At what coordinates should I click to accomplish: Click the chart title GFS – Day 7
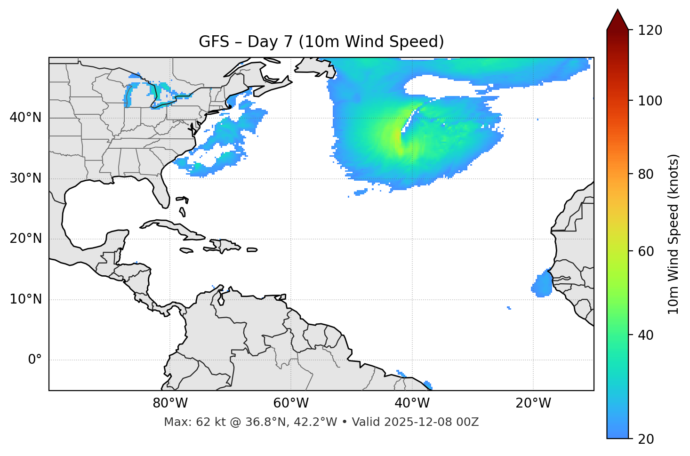coord(321,42)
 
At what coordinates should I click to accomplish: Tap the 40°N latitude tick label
coord(25,118)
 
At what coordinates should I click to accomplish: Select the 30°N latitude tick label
coord(25,178)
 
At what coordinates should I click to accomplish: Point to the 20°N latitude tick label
coord(25,239)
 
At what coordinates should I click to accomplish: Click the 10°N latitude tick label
coord(25,299)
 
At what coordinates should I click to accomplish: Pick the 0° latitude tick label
coord(34,360)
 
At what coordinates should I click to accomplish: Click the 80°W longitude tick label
coord(170,403)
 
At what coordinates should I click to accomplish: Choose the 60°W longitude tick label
coord(291,403)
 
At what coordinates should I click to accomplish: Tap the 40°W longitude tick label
coord(412,403)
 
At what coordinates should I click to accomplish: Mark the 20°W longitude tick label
coord(533,403)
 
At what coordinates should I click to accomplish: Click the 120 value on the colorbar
coord(650,31)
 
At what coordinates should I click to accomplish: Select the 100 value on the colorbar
coord(650,101)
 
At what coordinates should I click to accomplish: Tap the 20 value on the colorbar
coord(646,439)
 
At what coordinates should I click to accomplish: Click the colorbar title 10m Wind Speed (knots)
coord(674,234)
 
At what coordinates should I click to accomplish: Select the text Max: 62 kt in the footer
coord(185,422)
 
